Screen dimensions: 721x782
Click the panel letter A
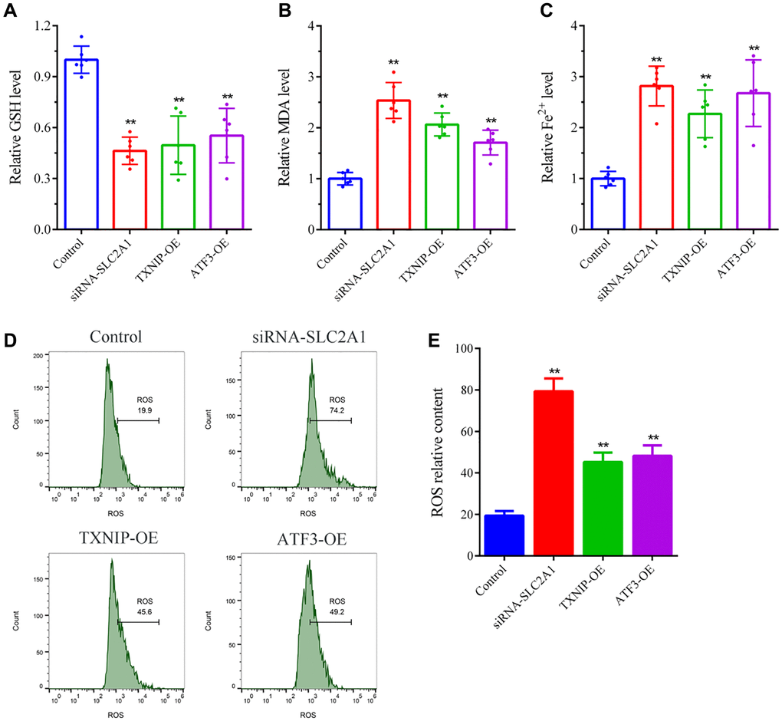click(x=10, y=11)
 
